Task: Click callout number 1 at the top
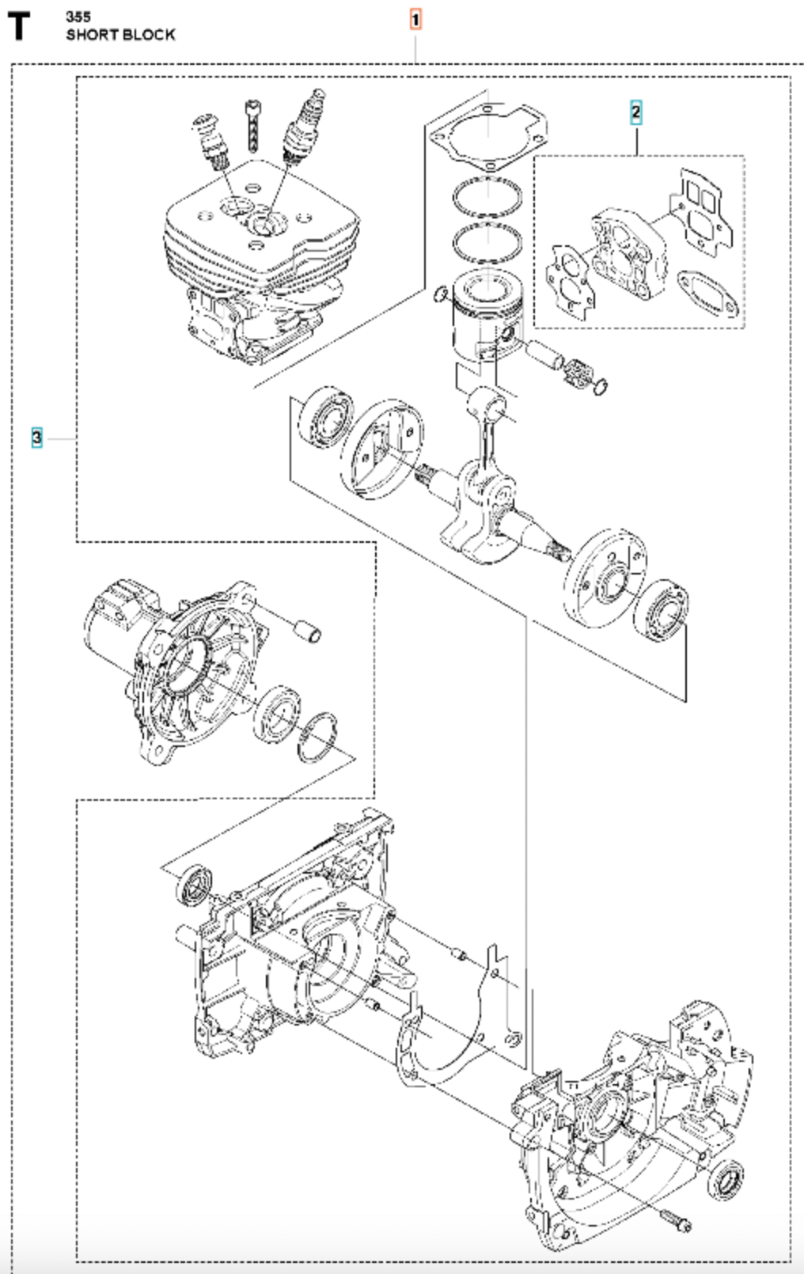[x=415, y=19]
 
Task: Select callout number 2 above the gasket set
[x=635, y=112]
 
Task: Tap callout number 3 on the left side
[x=36, y=437]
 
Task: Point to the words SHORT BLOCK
[x=120, y=35]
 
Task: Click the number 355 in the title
[x=78, y=17]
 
